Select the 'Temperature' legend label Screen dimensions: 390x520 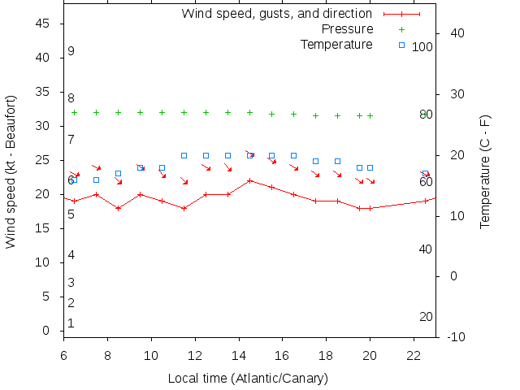coord(336,44)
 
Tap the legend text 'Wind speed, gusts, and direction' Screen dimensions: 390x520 coord(276,14)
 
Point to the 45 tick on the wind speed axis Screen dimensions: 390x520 coord(45,24)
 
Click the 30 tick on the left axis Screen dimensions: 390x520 coord(45,127)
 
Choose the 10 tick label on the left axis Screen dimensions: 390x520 coord(45,263)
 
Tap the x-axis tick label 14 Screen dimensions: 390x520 coord(239,355)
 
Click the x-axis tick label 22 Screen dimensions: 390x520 coord(414,355)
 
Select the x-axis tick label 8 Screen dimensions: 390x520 coord(107,355)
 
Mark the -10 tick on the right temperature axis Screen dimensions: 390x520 coord(456,337)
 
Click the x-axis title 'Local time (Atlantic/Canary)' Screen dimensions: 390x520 coord(248,379)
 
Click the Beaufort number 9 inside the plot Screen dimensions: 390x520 coord(71,51)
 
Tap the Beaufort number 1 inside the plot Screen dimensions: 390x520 coord(71,323)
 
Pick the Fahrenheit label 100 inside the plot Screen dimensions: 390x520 coord(422,47)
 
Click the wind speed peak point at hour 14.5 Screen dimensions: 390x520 coord(249,180)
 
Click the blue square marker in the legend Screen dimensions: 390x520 coord(401,45)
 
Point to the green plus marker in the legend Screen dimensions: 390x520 coord(401,29)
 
